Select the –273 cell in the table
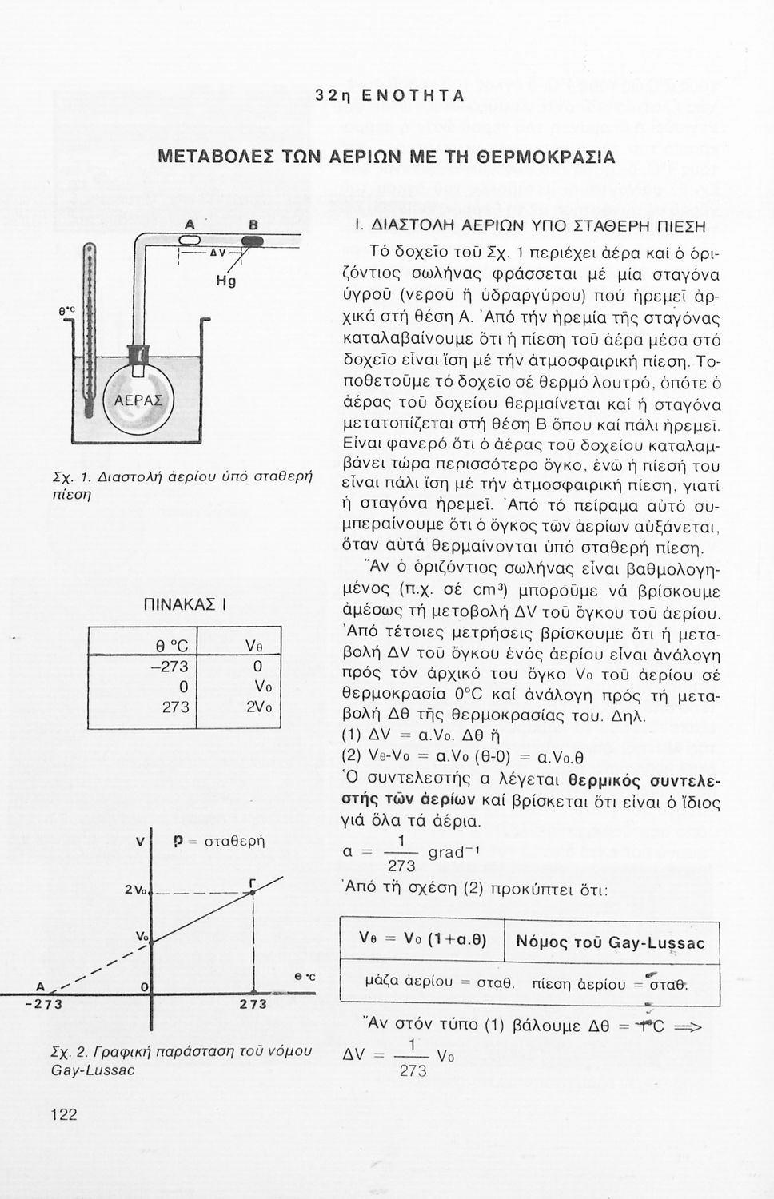(x=169, y=667)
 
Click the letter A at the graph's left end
(x=38, y=984)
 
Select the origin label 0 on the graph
(x=143, y=989)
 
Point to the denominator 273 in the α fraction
(x=401, y=866)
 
